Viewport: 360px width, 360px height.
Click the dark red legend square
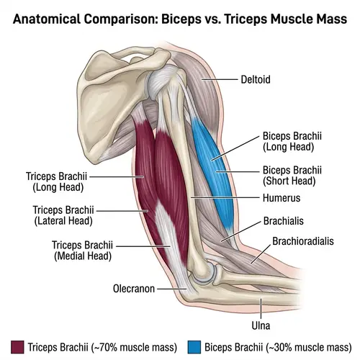click(16, 346)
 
